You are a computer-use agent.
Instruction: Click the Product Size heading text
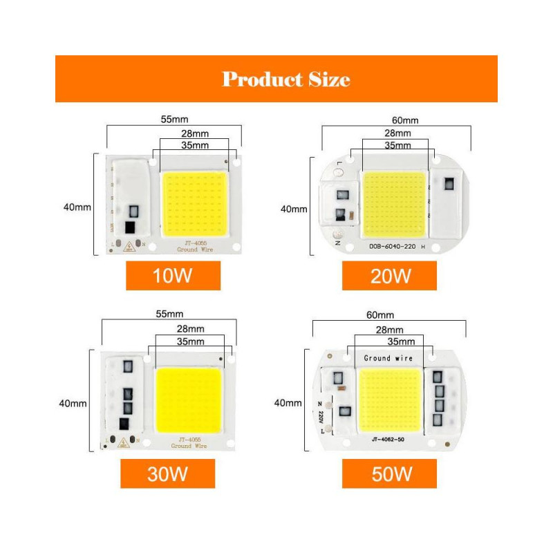click(x=285, y=79)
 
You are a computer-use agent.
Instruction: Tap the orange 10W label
click(x=173, y=276)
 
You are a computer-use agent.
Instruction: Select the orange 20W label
click(x=390, y=276)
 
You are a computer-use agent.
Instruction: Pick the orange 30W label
click(x=168, y=474)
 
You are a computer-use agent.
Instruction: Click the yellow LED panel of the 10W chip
click(x=194, y=205)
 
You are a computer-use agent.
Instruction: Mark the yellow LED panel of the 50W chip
click(x=389, y=398)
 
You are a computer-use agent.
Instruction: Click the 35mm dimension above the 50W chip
click(x=401, y=341)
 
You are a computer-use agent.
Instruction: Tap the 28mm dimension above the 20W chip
click(x=397, y=133)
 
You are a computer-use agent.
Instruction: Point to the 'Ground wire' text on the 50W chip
click(x=388, y=358)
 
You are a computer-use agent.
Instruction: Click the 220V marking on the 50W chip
click(x=321, y=417)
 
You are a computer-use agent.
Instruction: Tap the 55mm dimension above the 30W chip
click(x=169, y=314)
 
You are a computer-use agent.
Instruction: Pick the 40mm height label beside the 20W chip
click(x=293, y=208)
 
